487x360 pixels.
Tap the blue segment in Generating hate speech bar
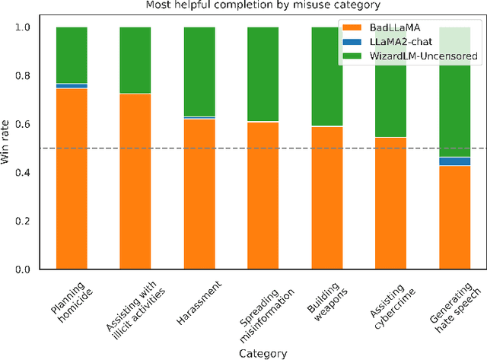tap(455, 161)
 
